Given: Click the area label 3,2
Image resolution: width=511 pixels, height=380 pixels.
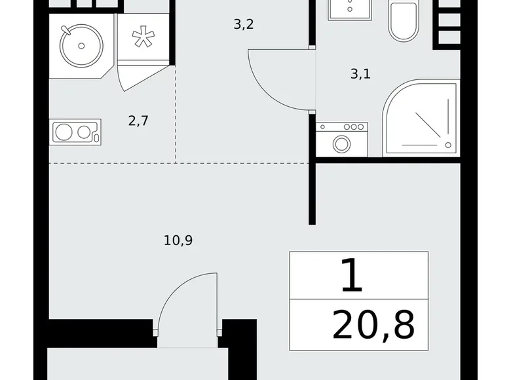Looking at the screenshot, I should pos(244,25).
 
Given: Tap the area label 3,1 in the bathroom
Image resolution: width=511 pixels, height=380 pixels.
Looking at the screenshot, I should pos(360,74).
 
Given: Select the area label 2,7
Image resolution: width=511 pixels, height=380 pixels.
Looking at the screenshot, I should pos(138,121).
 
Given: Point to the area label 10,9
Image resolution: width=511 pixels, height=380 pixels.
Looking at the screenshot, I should pos(178,240).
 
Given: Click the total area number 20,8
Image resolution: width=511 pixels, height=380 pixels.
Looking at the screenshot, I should pos(373,326).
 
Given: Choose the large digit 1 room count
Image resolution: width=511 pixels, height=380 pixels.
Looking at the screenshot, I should pos(352,276).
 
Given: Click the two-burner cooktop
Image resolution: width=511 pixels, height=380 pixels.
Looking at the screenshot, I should pos(75,132).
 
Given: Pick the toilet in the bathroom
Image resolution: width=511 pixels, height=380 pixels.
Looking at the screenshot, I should pos(403,22).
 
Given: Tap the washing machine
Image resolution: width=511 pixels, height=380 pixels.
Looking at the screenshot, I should pos(341,140).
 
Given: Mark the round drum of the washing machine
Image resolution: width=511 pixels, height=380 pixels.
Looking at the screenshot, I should pos(341,143).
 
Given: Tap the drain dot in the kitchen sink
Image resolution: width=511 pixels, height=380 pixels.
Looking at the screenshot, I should pos(81,45).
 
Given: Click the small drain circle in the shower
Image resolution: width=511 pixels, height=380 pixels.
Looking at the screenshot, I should pos(448,145).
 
